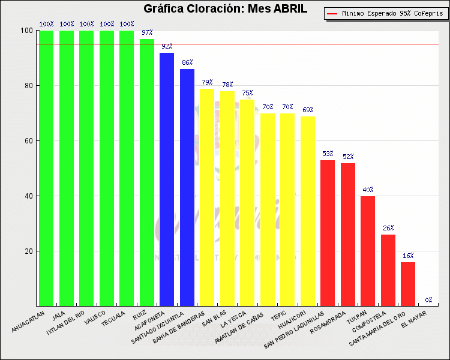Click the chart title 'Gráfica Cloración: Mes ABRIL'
point(225,8)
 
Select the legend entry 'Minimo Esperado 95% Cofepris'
point(386,13)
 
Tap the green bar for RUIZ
point(147,173)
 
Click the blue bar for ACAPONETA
point(167,179)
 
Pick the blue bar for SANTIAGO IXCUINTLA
point(187,187)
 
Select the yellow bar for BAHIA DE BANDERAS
point(207,197)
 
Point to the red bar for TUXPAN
point(368,251)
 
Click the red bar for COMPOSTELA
point(388,271)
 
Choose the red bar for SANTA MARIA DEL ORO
point(408,284)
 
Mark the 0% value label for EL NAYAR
point(428,300)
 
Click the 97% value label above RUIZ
point(147,32)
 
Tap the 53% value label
point(328,154)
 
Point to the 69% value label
point(308,110)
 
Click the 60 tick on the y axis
point(28,140)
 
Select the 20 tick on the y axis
point(28,251)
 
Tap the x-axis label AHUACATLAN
point(28,322)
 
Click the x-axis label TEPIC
point(278,316)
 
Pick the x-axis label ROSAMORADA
point(328,323)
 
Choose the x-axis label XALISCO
point(95,317)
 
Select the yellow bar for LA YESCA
point(247,203)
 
